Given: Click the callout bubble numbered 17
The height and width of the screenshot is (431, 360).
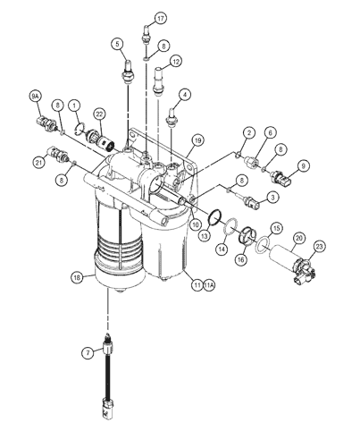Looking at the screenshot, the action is click(161, 19).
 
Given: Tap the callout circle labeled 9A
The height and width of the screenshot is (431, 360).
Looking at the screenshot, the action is click(36, 96).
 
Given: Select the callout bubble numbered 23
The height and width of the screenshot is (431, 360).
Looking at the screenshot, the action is click(319, 247).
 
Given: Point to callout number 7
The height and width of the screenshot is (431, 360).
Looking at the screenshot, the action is click(88, 353).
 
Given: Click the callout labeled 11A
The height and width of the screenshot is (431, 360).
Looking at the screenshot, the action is click(209, 285).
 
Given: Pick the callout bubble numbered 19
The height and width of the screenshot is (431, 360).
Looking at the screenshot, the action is click(198, 139).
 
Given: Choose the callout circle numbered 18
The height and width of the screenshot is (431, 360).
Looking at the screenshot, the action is click(77, 278).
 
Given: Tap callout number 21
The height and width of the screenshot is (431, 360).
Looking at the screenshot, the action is click(38, 163).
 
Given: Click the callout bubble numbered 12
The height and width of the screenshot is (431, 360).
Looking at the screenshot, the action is click(176, 62).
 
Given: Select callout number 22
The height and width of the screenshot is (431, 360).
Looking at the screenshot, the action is click(99, 114).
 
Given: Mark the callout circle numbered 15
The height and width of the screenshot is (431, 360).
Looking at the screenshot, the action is click(277, 228).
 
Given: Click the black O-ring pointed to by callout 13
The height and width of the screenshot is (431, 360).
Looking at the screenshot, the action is click(215, 217).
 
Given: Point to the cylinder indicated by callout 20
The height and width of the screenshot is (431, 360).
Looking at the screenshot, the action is click(283, 258).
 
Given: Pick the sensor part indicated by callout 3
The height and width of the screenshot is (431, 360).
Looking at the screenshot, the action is click(251, 201).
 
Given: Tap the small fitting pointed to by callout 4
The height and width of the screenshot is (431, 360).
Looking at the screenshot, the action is click(172, 116).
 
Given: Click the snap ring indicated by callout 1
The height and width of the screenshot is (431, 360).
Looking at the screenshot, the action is click(80, 128).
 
